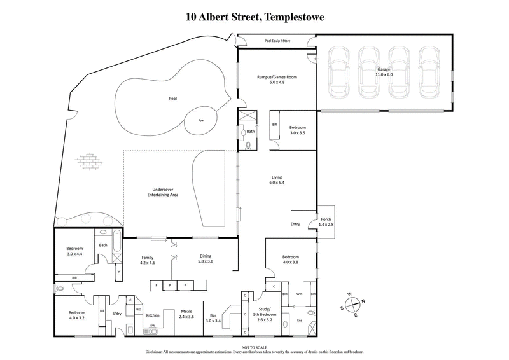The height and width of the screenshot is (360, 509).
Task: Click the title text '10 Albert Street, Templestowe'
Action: [254, 17]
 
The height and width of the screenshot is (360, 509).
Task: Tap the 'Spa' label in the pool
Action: [200, 120]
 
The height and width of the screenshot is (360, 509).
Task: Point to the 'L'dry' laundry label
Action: [116, 314]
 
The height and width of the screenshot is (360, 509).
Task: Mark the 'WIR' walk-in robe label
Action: [298, 293]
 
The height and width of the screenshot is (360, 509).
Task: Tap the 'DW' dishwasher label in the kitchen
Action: [152, 326]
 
